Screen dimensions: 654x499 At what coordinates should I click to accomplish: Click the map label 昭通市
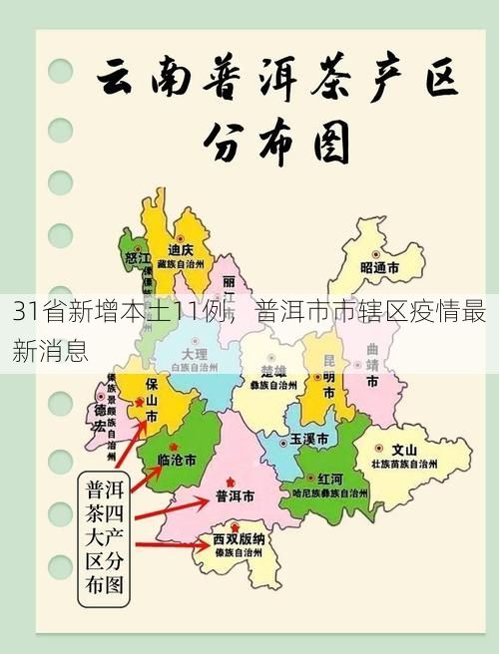[x=379, y=268]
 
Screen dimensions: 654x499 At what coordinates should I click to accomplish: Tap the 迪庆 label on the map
[x=181, y=249]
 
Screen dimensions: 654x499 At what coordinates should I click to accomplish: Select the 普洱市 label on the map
[x=235, y=495]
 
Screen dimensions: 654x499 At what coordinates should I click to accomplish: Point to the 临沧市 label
[x=177, y=460]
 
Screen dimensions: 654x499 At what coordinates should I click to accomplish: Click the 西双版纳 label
[x=239, y=538]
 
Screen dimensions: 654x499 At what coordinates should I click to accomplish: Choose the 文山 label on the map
[x=404, y=449]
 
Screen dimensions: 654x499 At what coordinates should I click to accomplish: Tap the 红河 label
[x=330, y=479]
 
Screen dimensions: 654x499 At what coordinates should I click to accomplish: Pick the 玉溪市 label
[x=308, y=439]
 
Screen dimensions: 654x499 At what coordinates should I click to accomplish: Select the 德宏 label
[x=100, y=418]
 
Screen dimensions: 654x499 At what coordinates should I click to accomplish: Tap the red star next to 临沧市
[x=175, y=446]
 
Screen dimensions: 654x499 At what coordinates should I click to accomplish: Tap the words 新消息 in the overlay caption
[x=48, y=348]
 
